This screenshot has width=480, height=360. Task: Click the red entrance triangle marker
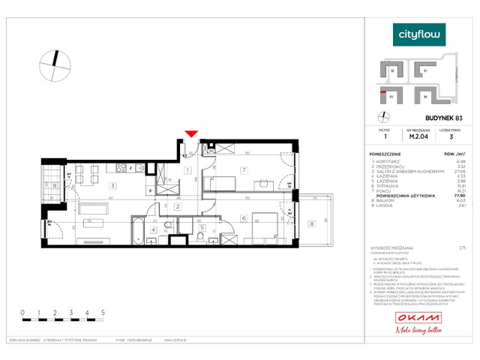pos(192,133)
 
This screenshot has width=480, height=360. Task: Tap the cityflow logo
pos(419,34)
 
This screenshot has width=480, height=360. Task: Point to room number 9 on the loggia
pos(55,185)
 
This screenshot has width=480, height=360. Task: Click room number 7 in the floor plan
pos(243,170)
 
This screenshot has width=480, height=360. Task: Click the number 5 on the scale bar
pos(102,310)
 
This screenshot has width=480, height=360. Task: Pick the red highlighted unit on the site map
pos(385,92)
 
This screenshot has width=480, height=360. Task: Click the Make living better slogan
pos(419,333)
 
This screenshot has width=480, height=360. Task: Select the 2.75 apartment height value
pos(451,247)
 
